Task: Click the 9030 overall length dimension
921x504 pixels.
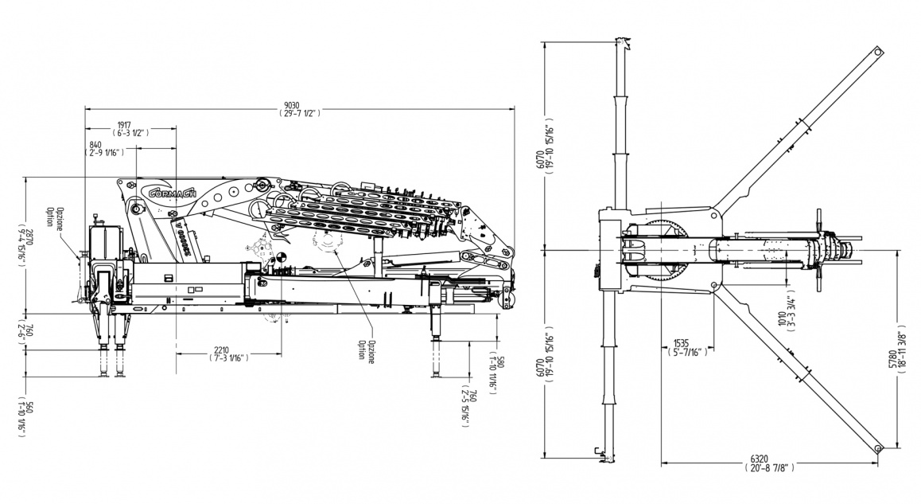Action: (x=298, y=105)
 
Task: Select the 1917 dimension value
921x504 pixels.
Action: (x=124, y=124)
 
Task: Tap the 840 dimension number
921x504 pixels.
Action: (x=95, y=143)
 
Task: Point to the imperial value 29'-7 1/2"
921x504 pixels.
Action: (x=298, y=114)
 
